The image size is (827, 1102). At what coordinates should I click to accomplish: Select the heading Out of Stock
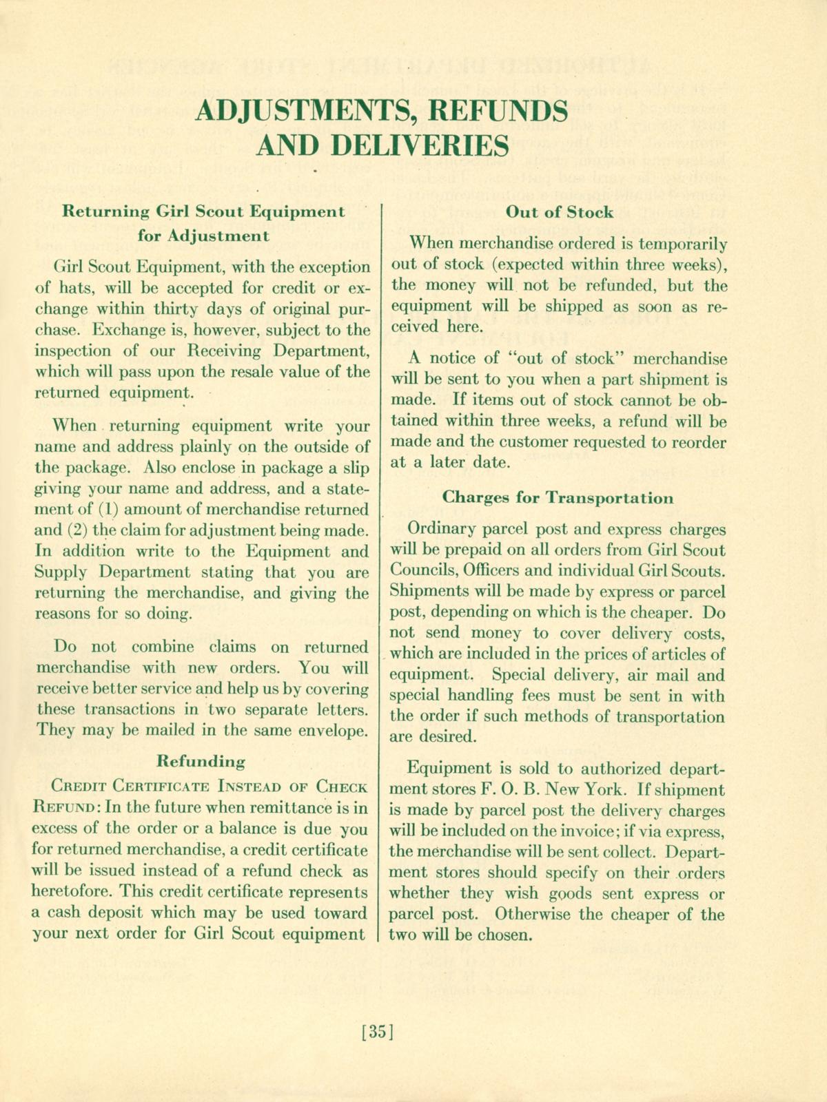coord(559,212)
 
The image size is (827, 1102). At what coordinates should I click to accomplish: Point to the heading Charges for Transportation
coord(558,497)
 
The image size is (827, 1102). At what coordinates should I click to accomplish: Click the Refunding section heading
coord(201,762)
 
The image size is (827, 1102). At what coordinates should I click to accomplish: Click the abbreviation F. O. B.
coord(507,789)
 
